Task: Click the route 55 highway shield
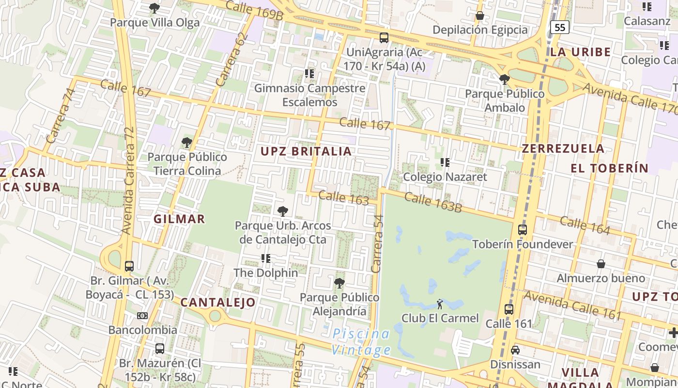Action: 560,27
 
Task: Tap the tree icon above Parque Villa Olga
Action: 154,8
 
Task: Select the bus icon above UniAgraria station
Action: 384,37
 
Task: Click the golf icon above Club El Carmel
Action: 440,304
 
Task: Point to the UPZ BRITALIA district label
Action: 306,151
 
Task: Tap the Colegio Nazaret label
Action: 445,177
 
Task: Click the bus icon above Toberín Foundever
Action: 522,230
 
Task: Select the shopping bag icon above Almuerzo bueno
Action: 601,264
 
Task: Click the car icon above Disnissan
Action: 515,350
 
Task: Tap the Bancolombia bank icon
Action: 142,316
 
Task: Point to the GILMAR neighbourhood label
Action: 179,219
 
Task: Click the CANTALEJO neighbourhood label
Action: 218,303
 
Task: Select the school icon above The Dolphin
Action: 265,259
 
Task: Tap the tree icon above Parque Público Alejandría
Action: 339,282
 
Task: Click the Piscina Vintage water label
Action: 361,341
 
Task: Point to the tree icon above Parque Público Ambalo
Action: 504,79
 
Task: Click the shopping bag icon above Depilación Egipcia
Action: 479,16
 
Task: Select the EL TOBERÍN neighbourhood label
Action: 609,168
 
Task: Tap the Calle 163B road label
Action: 432,202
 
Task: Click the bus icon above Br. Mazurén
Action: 159,348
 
